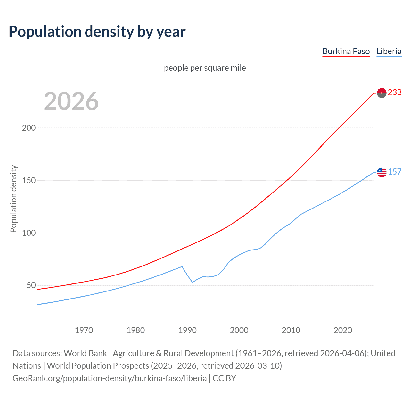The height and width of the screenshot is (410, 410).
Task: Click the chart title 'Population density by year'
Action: pos(97,32)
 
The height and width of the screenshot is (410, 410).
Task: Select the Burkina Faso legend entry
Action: pos(346,51)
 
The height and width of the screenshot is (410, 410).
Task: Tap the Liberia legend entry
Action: pos(389,51)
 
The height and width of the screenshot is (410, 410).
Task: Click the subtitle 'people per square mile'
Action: pos(205,68)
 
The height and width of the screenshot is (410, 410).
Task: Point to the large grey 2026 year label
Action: pos(71,101)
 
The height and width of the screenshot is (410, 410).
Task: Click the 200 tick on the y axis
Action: pos(29,128)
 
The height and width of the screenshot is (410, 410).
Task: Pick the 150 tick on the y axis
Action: pos(29,180)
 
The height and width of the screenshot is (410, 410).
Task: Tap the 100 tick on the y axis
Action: pos(29,233)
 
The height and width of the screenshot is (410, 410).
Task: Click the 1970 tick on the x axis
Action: pos(84,330)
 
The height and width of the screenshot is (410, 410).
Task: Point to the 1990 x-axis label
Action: pos(187,330)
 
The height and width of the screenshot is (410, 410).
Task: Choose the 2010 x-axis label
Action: pos(291,330)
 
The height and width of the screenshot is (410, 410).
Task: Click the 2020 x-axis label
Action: pos(343,330)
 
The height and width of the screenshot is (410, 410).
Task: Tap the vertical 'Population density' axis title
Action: pos(13,199)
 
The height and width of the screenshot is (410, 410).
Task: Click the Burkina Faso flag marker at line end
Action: pos(382,93)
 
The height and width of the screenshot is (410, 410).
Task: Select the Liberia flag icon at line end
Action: pos(382,172)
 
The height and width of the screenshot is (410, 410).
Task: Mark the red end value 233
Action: pos(395,93)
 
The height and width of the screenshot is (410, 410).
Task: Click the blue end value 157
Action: pos(395,172)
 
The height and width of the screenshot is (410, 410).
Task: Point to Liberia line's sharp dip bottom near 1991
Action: pos(193,282)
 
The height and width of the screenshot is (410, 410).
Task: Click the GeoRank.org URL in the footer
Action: pos(110,378)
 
